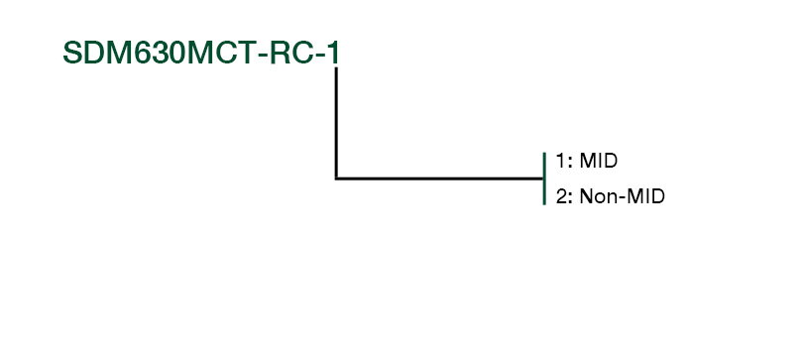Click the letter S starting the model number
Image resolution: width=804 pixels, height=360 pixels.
(73, 53)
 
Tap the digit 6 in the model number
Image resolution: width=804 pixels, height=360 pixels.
(144, 53)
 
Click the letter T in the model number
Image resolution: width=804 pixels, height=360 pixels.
(244, 53)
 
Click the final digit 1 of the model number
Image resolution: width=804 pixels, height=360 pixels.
(333, 53)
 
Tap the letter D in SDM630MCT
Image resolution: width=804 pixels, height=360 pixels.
(96, 53)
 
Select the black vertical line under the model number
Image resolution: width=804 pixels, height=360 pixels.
(336, 123)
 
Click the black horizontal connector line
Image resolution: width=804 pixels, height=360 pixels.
(439, 179)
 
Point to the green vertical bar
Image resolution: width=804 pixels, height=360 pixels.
(544, 179)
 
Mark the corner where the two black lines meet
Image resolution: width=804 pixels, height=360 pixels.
(336, 179)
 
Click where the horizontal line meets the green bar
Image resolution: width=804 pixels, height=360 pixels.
(543, 179)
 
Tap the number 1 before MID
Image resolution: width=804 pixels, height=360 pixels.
(561, 161)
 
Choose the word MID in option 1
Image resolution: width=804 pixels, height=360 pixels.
(599, 161)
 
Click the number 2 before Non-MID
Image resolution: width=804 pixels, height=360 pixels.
(561, 196)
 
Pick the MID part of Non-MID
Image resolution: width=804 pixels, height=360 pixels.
(646, 196)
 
